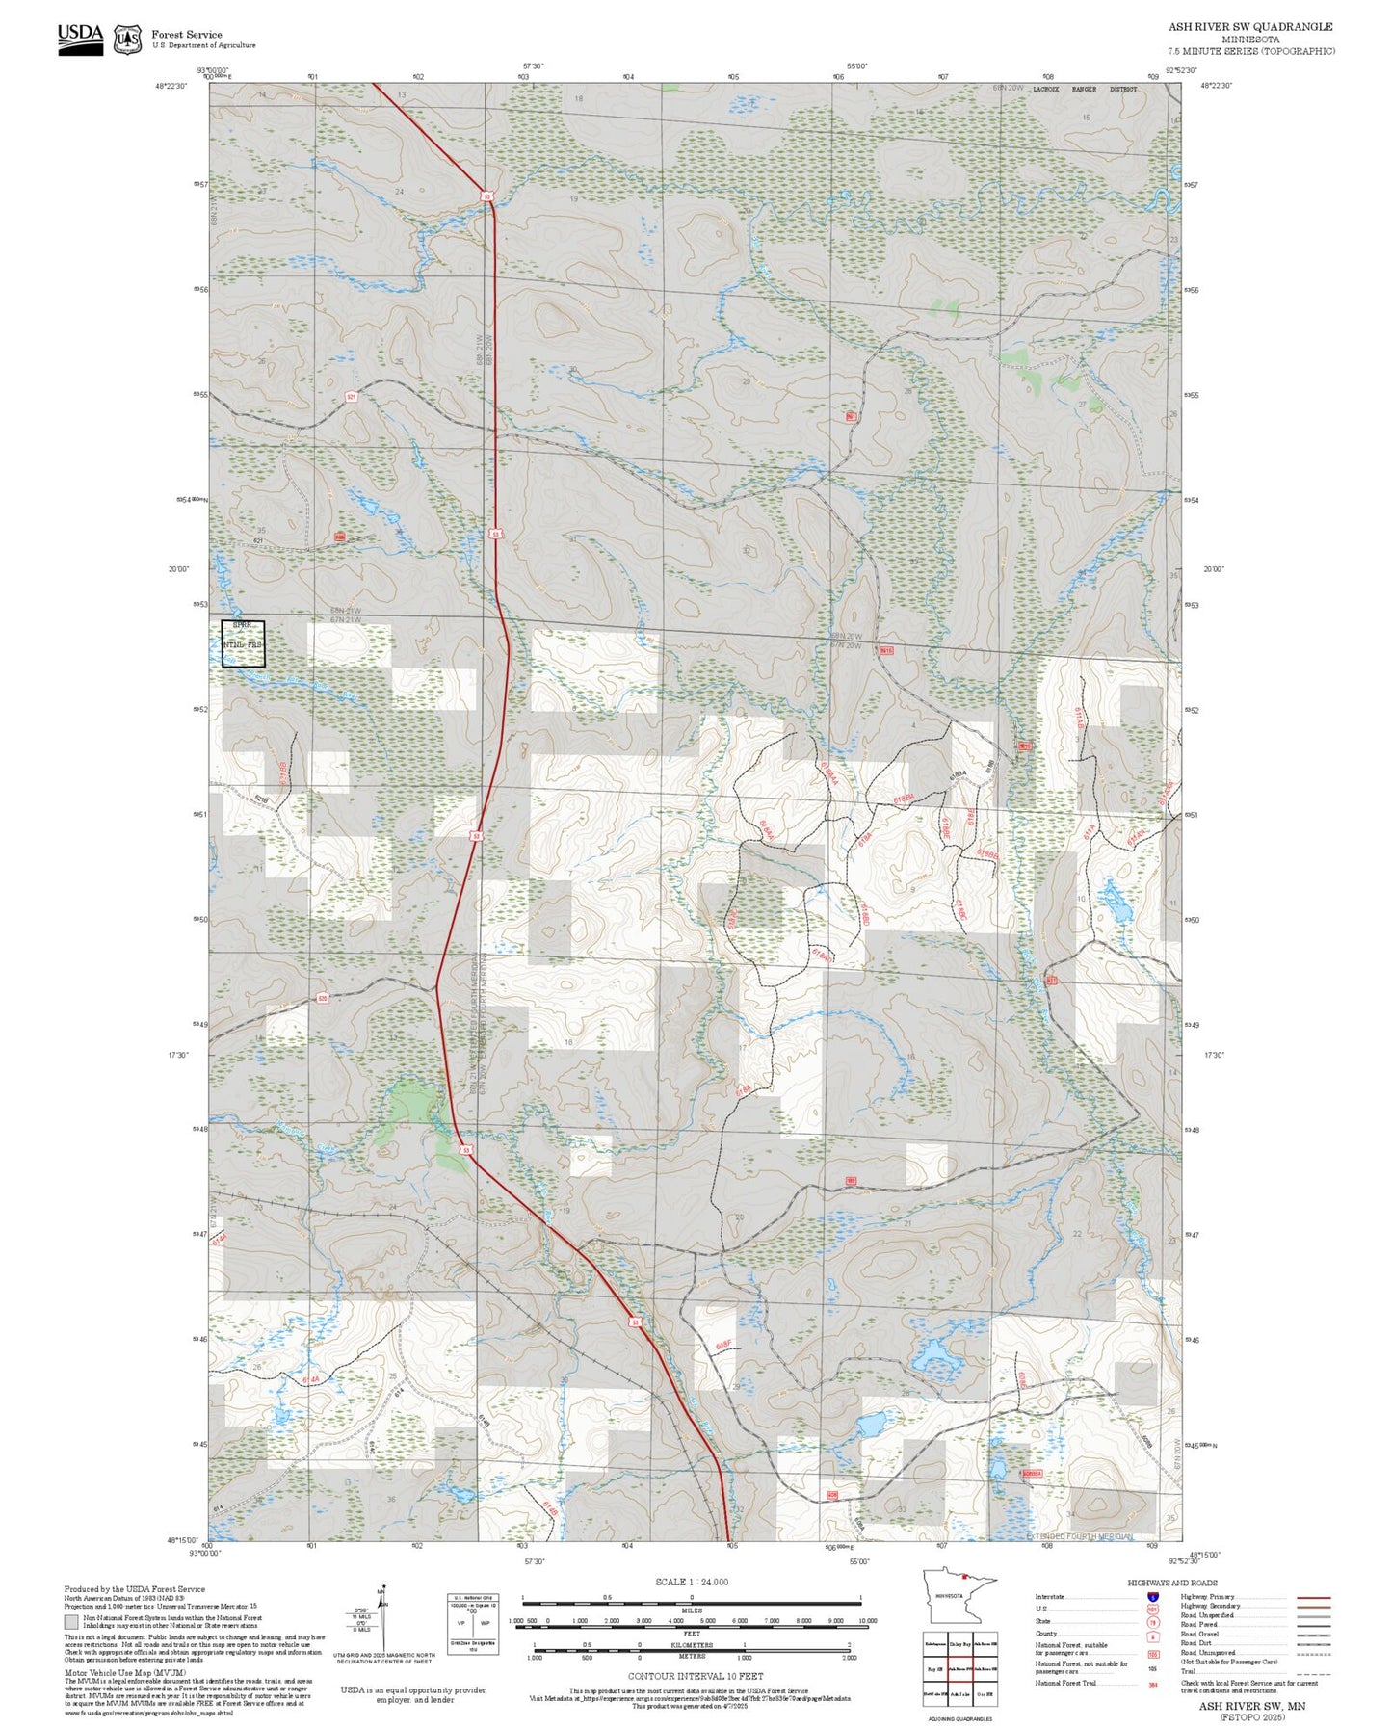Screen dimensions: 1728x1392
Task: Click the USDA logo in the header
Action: point(80,39)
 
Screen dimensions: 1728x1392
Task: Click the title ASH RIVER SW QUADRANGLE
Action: point(1250,27)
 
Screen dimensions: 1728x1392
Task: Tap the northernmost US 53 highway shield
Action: point(487,196)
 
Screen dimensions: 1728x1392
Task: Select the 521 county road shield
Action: point(352,396)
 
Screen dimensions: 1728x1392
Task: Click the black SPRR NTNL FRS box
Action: point(243,643)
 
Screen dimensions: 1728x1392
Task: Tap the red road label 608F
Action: point(724,1344)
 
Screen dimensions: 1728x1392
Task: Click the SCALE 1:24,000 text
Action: point(691,1582)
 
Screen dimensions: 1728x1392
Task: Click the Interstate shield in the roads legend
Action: point(1153,1597)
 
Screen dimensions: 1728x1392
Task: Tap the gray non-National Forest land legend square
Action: point(71,1621)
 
